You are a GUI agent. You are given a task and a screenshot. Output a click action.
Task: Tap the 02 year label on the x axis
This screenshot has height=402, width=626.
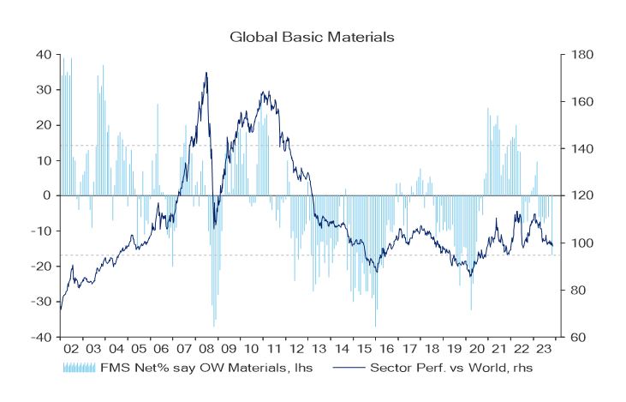pos(72,351)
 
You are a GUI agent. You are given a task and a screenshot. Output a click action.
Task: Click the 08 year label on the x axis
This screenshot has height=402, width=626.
pos(206,351)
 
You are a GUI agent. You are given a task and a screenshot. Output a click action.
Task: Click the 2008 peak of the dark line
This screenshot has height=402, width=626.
pos(206,73)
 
